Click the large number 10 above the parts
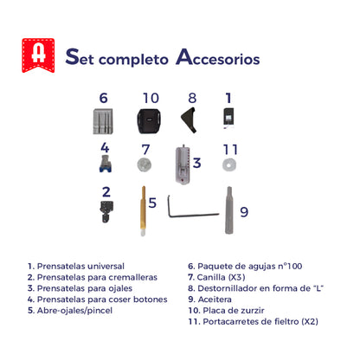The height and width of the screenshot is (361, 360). pos(151,98)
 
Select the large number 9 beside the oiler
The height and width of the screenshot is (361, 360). pos(244,210)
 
